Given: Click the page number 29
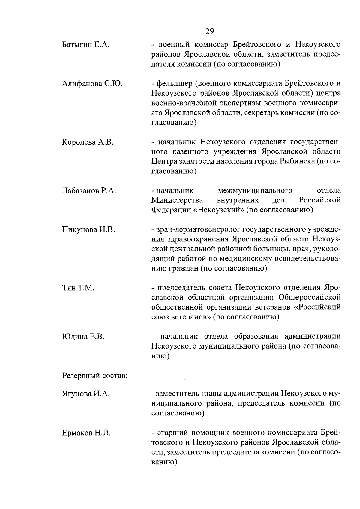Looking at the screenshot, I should tap(210, 31).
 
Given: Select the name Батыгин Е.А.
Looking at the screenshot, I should tap(85, 45).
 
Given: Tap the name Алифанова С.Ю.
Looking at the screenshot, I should tap(92, 84).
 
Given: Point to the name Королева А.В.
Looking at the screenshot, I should tap(88, 142).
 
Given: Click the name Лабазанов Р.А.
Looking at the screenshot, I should tap(89, 191).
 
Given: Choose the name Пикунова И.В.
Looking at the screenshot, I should tap(88, 230).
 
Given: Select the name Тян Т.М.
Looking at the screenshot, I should tap(78, 288).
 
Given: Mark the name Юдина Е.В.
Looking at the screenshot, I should tap(83, 337).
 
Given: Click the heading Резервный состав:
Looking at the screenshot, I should tap(95, 375).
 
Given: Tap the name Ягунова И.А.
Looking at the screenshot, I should tap(86, 394).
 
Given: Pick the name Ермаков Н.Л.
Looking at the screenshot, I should tap(86, 433).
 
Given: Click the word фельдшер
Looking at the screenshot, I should tap(172, 84).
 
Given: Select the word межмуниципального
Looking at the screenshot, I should tap(255, 191).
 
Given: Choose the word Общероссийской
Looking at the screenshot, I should tap(310, 298).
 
